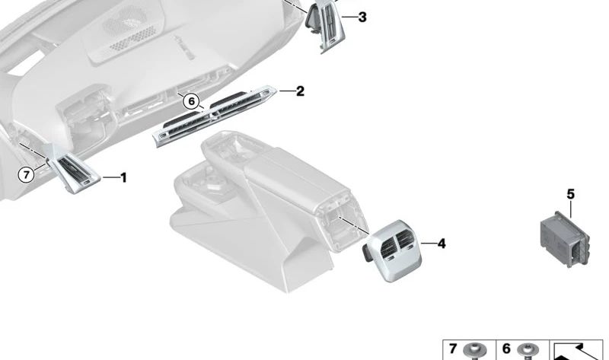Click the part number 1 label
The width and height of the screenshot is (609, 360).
[123, 178]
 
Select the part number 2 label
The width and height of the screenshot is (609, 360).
[300, 91]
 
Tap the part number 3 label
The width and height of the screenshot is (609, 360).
[362, 16]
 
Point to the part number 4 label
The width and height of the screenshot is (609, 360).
[442, 244]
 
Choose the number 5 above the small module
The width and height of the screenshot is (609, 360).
[571, 195]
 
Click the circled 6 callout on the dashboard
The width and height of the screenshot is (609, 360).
[190, 101]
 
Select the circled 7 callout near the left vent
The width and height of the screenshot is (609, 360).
[27, 175]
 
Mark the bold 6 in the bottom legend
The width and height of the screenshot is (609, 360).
[506, 350]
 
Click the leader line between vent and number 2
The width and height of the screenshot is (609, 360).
[285, 91]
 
